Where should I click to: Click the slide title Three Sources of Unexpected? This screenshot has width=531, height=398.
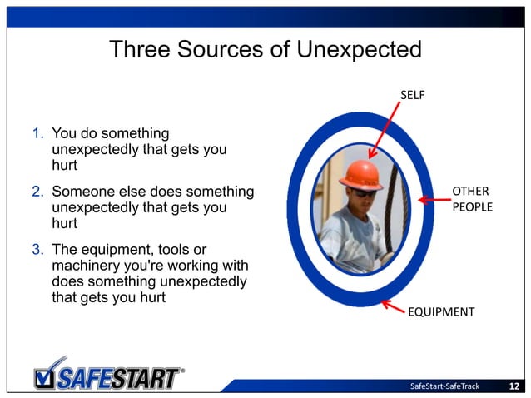tap(265, 50)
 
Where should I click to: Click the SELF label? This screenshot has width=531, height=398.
tap(413, 95)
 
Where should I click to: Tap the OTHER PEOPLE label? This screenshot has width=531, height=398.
tap(471, 199)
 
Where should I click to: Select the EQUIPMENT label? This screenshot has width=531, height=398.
tap(440, 312)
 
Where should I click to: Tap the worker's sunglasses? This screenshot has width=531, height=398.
tap(364, 192)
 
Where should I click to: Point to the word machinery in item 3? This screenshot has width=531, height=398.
tap(87, 266)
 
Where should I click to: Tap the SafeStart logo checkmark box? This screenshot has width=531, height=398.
tap(48, 376)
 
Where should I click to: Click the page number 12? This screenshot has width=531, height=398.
tap(514, 386)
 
